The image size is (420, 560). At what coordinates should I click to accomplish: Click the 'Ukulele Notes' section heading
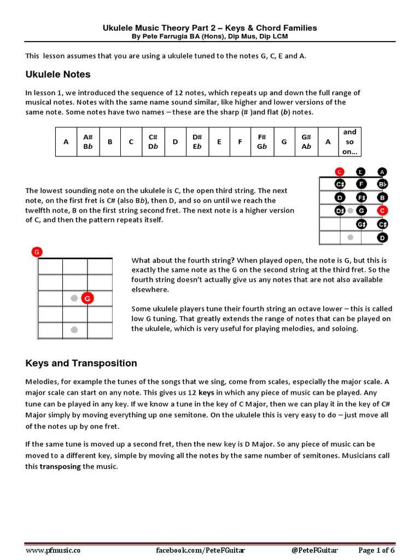(x=57, y=74)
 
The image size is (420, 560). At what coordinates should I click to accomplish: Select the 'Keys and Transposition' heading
(x=81, y=363)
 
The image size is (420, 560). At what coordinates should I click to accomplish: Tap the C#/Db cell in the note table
(x=153, y=142)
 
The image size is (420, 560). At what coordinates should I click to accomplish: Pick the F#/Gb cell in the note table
(x=262, y=142)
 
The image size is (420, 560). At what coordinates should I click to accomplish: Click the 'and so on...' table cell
(x=349, y=142)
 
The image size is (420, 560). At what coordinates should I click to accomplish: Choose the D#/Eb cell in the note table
(x=197, y=142)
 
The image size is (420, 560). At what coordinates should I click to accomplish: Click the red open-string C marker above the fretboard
(x=340, y=171)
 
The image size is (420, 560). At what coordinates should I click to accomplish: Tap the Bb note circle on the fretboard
(x=382, y=184)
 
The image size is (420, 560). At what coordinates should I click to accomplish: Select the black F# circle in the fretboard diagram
(x=361, y=197)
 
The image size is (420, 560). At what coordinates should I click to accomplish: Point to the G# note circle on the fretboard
(x=361, y=224)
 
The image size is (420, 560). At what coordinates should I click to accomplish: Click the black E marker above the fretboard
(x=361, y=171)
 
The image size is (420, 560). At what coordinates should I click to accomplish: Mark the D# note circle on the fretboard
(x=340, y=211)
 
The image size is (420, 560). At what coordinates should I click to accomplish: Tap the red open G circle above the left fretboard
(x=37, y=252)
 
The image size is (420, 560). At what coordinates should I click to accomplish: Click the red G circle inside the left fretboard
(x=87, y=298)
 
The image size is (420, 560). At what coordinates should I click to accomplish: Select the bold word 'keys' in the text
(x=206, y=393)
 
